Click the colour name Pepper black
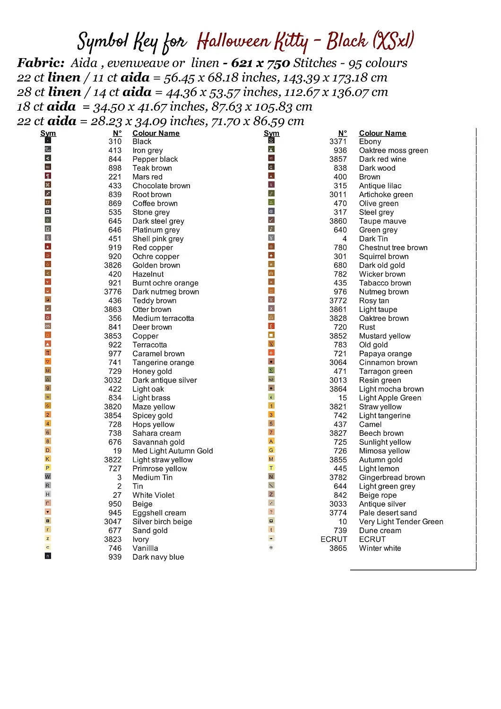[x=155, y=159]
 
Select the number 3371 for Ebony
[x=338, y=141]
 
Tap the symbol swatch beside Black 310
[x=48, y=140]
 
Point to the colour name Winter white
[x=380, y=548]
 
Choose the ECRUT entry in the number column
[x=334, y=539]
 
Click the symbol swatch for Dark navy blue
[x=48, y=556]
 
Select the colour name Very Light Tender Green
[x=401, y=522]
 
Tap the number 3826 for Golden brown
[x=113, y=266]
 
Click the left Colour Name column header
[x=156, y=133]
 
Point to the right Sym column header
[x=271, y=133]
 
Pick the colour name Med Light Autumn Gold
[x=173, y=451]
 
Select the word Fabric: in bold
[x=41, y=63]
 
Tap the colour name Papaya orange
[x=385, y=354]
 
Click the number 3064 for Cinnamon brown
[x=338, y=363]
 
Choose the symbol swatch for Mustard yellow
[x=271, y=335]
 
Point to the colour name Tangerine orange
[x=163, y=363]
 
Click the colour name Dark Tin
[x=373, y=239]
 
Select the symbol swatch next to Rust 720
[x=271, y=326]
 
